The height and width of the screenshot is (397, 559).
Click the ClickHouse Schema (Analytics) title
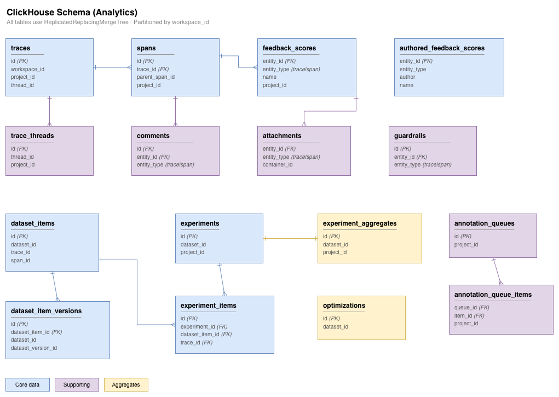pyautogui.click(x=72, y=12)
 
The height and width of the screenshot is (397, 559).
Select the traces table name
pyautogui.click(x=21, y=48)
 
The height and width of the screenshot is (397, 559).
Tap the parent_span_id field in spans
pyautogui.click(x=155, y=77)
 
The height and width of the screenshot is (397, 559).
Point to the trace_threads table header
pyautogui.click(x=32, y=136)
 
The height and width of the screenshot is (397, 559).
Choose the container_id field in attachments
pyautogui.click(x=278, y=164)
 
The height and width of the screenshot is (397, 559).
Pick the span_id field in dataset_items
pyautogui.click(x=20, y=260)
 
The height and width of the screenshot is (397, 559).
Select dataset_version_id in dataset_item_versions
pyautogui.click(x=34, y=348)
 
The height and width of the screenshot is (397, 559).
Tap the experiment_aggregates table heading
pyautogui.click(x=360, y=223)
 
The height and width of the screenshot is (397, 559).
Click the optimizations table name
pyautogui.click(x=344, y=306)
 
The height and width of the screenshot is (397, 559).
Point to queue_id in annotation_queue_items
pyautogui.click(x=465, y=308)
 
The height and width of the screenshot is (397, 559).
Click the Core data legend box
pyautogui.click(x=27, y=384)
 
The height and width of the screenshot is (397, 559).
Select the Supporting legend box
pyautogui.click(x=77, y=384)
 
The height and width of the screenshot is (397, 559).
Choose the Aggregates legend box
pyautogui.click(x=126, y=384)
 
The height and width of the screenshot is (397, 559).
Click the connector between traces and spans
pyautogui.click(x=112, y=67)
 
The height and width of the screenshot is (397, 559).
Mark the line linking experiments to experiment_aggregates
pyautogui.click(x=290, y=238)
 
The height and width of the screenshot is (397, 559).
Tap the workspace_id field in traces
pyautogui.click(x=27, y=69)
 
